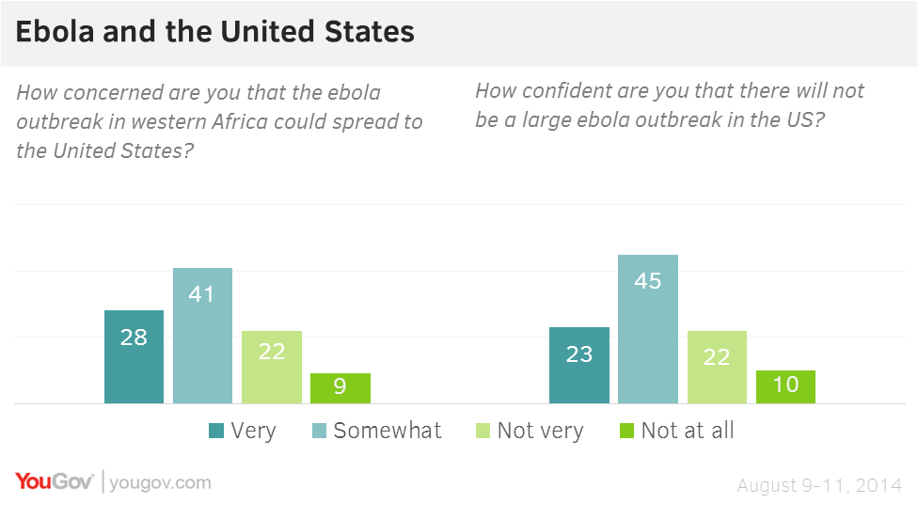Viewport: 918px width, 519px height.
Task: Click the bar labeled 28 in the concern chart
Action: click(134, 356)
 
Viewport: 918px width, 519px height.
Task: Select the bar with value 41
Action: click(202, 336)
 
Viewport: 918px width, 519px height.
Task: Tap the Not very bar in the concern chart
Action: click(272, 367)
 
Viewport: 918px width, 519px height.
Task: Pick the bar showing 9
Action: click(340, 387)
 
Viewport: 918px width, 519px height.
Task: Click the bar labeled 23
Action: click(579, 365)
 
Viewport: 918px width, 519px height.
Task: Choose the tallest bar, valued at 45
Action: click(648, 329)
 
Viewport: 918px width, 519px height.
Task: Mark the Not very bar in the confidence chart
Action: click(717, 367)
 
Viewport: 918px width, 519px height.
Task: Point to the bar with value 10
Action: click(785, 386)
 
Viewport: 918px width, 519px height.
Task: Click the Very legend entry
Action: click(242, 431)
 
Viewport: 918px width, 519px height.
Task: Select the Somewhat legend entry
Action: click(376, 431)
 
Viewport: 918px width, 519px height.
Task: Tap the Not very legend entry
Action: click(529, 431)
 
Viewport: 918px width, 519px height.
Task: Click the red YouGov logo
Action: click(54, 482)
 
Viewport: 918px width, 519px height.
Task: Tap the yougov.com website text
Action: click(160, 483)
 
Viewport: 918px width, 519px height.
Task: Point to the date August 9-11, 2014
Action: click(819, 485)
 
